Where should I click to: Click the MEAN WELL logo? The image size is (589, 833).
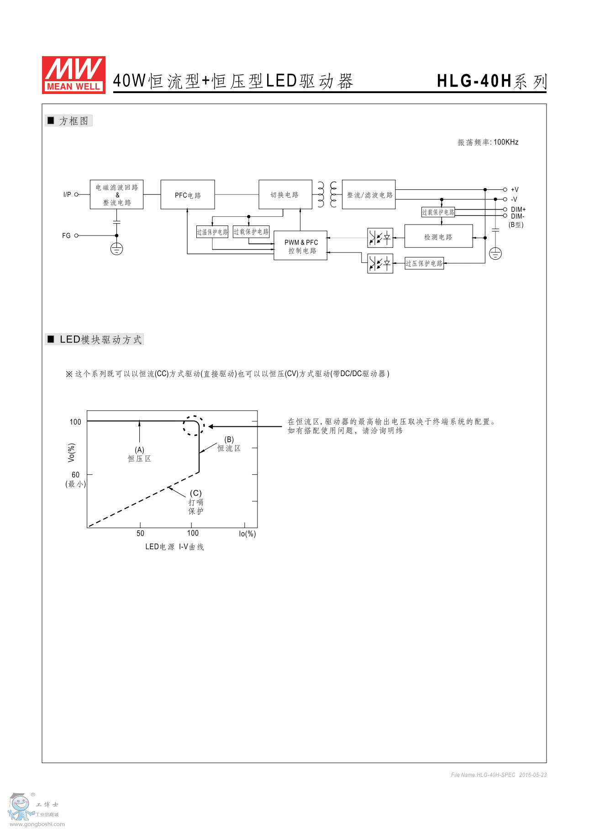74,75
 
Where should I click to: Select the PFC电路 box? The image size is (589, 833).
188,195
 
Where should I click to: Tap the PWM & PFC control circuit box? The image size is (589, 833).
300,246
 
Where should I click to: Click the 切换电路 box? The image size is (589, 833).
285,195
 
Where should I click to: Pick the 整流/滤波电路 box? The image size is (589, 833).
369,195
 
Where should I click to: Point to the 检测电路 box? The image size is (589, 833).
438,237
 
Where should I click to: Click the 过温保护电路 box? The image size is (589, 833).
212,232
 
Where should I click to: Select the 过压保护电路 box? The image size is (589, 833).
424,263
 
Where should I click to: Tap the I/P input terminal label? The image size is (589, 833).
67,194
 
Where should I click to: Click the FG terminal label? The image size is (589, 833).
66,236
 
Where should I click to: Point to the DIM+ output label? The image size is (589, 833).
518,210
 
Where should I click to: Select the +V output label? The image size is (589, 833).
515,189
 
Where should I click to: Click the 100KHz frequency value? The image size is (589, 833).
506,142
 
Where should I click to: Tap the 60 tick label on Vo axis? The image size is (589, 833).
75,475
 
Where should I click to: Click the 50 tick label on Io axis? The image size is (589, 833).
140,533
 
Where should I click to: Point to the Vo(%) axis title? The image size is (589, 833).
71,452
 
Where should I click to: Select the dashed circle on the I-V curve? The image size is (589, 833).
194,426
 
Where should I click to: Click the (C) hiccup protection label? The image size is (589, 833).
196,493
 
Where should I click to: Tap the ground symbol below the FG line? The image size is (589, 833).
117,249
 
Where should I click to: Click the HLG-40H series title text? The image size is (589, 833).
491,81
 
